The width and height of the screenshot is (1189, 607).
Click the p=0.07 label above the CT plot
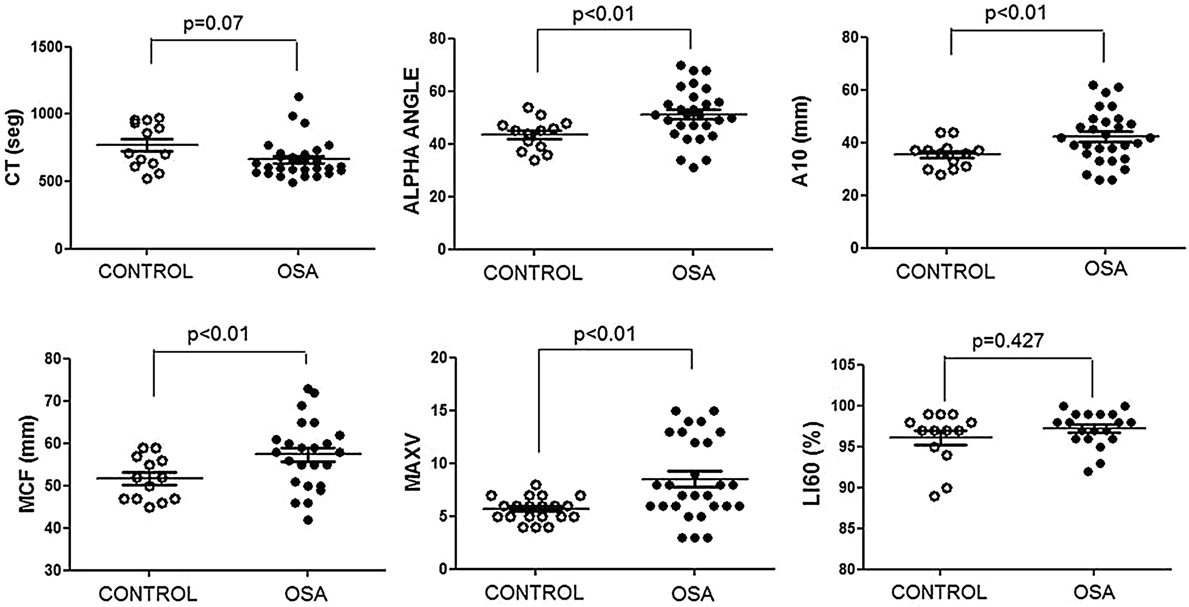[213, 23]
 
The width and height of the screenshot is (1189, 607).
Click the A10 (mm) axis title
[803, 141]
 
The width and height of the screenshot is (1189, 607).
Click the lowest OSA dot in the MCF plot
[308, 520]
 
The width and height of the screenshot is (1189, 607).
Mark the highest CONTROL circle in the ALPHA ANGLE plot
[528, 107]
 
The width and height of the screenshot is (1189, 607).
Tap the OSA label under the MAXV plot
[693, 593]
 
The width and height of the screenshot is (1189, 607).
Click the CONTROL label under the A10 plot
[945, 272]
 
